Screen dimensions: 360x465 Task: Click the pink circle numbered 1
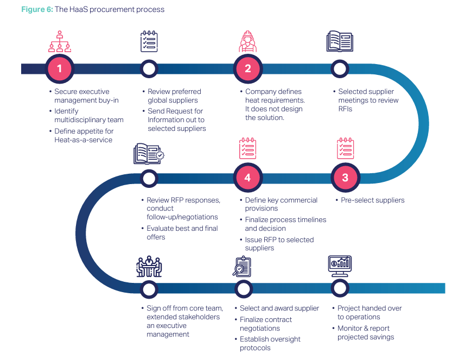pyautogui.click(x=59, y=68)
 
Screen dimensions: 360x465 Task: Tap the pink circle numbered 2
pyautogui.click(x=247, y=68)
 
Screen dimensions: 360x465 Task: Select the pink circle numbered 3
pyautogui.click(x=345, y=178)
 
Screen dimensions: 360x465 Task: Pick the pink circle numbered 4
pyautogui.click(x=247, y=178)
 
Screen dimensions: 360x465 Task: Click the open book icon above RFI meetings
pyautogui.click(x=340, y=41)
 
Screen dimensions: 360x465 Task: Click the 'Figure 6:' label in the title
pyautogui.click(x=37, y=9)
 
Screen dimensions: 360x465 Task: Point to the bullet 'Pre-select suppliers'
pyautogui.click(x=372, y=200)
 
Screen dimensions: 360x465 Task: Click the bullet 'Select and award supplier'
pyautogui.click(x=279, y=308)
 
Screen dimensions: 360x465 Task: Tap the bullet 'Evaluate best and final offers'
pyautogui.click(x=182, y=233)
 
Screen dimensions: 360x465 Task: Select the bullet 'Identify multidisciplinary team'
pyautogui.click(x=88, y=116)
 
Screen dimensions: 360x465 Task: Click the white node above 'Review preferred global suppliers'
pyautogui.click(x=149, y=69)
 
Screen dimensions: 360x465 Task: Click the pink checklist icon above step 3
pyautogui.click(x=345, y=149)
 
